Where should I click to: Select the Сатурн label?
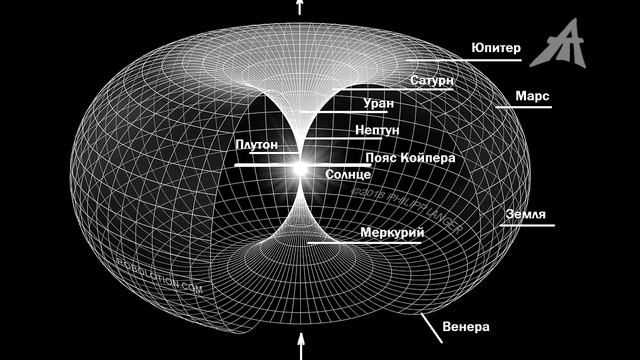tap(432, 79)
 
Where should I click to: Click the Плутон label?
tap(257, 146)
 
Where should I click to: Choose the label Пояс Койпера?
tap(411, 158)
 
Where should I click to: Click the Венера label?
tap(465, 326)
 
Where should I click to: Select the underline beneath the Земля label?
tap(525, 227)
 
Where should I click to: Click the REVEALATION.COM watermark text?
tap(160, 287)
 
